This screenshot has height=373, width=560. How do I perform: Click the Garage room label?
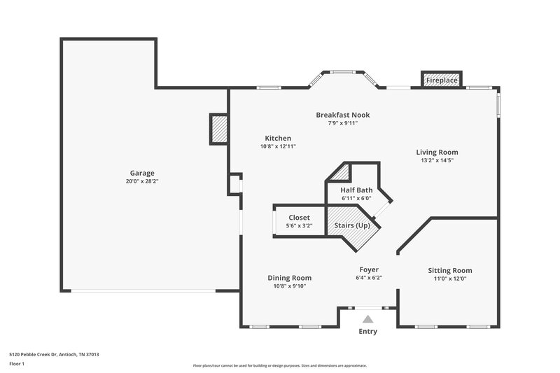point(141,173)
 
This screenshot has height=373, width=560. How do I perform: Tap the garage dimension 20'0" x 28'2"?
point(141,181)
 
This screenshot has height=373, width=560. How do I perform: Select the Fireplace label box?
point(442,80)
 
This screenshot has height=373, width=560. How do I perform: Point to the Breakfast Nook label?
point(342,115)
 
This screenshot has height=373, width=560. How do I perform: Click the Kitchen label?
point(278,138)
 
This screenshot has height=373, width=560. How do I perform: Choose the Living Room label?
point(437,152)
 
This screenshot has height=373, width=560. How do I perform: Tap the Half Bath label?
point(356,190)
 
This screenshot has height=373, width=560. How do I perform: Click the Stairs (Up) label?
point(353,225)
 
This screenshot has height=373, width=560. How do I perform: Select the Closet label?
point(299,218)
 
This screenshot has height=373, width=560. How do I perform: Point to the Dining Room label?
point(290,278)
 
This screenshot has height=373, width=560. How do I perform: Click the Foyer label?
point(369,269)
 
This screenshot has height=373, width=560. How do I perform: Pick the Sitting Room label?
point(450,270)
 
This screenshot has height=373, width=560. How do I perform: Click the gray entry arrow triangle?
point(367,319)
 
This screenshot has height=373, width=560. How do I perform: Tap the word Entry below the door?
point(367,332)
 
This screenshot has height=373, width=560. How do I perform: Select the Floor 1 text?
point(17,365)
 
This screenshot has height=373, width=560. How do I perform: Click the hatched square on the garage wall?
point(219,129)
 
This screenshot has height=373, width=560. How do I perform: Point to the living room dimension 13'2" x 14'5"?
point(437,160)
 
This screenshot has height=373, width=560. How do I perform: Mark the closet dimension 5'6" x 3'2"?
point(299,226)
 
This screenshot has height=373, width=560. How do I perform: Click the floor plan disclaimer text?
point(279,365)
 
